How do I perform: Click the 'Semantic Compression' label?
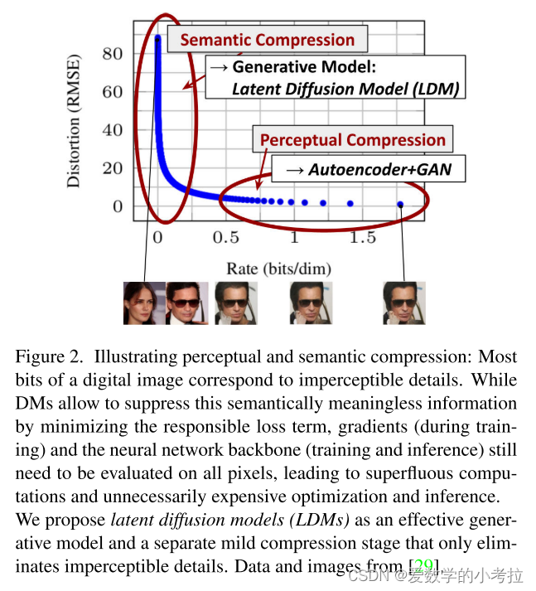tap(267, 40)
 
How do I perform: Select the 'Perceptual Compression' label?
tap(353, 140)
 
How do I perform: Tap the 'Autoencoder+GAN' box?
tap(374, 171)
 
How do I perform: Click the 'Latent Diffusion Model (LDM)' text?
tap(345, 89)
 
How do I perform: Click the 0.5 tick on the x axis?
tap(225, 238)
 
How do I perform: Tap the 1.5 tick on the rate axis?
tap(361, 238)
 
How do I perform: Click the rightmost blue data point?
tap(401, 204)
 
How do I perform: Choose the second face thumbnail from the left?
tap(187, 303)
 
